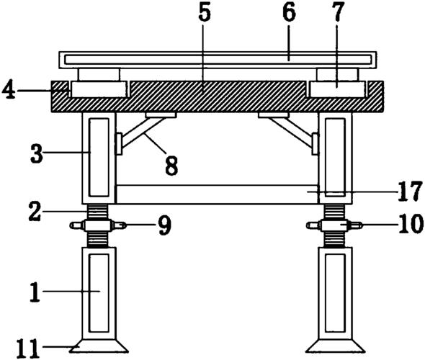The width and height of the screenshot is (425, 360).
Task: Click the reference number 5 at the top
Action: coord(205,13)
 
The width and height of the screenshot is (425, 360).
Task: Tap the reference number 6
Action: coord(289,13)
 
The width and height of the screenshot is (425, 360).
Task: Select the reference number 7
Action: coord(337,13)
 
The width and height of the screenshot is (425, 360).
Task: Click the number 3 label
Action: coord(37,153)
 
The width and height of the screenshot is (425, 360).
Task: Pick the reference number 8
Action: coord(171,166)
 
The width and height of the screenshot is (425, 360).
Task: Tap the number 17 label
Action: coord(410,192)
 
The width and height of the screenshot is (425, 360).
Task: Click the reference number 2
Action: coord(35,212)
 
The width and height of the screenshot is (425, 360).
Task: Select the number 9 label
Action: coord(165,226)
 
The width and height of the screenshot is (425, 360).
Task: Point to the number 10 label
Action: coord(411,225)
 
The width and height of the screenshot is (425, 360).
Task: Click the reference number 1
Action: coord(35,292)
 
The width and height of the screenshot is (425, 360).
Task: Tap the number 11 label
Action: coord(28,349)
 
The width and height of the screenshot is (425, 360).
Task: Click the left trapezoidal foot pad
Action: coord(99,346)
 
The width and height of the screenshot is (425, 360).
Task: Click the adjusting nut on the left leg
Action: coord(98,225)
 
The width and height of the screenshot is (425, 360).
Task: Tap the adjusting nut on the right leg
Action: coord(334,225)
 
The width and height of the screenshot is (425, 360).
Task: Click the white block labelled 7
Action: coord(337,89)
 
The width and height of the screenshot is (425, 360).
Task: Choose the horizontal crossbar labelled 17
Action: coord(217,194)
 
